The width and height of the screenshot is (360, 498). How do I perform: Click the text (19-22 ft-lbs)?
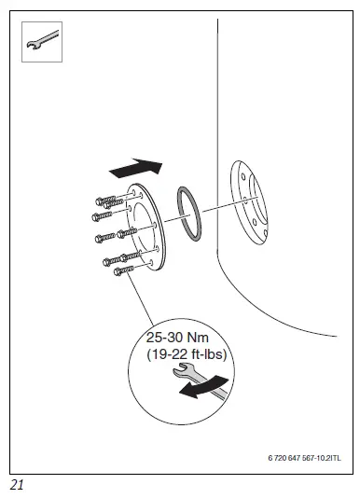pos(187,354)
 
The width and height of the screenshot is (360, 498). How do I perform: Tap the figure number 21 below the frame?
pos(17,484)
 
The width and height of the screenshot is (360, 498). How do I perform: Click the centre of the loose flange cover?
pos(149,228)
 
